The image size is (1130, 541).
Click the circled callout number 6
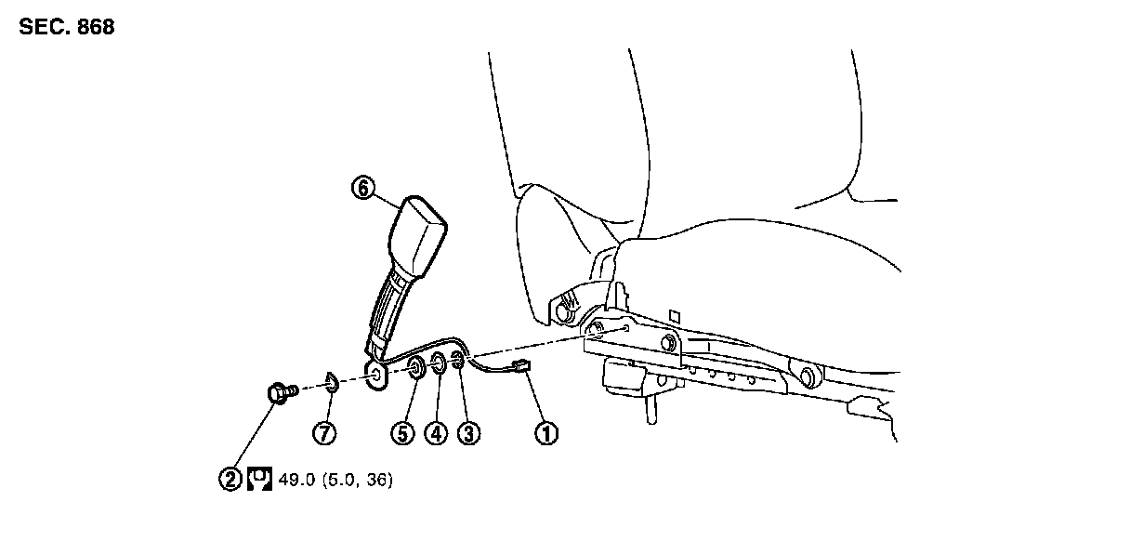[x=363, y=188]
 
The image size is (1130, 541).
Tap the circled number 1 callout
[x=547, y=432]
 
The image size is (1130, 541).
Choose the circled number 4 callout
[x=436, y=432]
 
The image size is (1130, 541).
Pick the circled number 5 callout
[x=401, y=432]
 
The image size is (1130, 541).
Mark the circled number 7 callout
[x=324, y=432]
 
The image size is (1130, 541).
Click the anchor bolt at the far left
[x=280, y=393]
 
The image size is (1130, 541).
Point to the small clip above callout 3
[x=458, y=361]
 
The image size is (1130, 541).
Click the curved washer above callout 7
[x=330, y=381]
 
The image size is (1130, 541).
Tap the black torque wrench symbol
[x=259, y=480]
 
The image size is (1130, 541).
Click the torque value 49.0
[x=295, y=480]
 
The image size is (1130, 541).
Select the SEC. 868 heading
[x=67, y=28]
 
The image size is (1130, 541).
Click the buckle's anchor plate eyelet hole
[x=375, y=375]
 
